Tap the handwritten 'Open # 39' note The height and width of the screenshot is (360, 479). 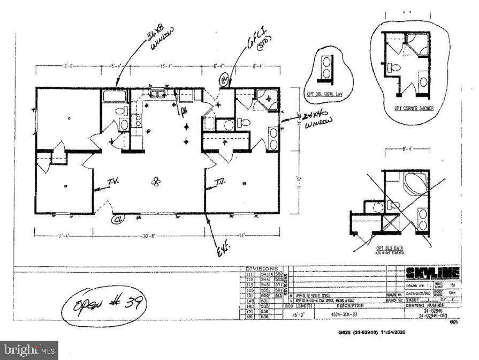click(103, 305)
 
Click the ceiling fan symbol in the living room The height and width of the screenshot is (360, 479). click(156, 182)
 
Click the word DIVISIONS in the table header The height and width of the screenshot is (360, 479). click(262, 268)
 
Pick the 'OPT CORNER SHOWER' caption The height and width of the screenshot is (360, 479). click(414, 108)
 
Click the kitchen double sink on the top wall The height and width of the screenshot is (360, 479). click(157, 95)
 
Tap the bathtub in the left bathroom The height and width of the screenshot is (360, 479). click(114, 96)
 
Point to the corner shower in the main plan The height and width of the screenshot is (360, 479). click(266, 99)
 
